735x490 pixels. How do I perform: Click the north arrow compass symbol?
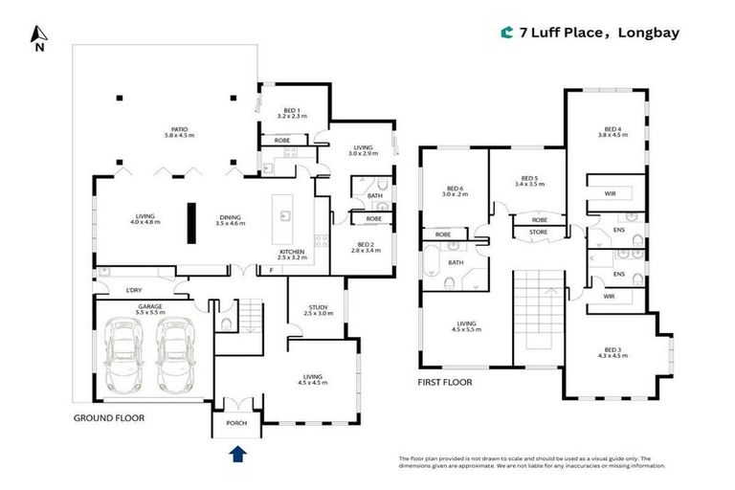[x=38, y=36]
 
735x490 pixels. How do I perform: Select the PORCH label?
[x=235, y=424]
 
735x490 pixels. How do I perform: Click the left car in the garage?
[x=125, y=355]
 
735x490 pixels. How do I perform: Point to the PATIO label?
[x=179, y=129]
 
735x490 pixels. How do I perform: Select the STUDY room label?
[x=316, y=308]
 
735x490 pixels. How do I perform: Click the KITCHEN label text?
[x=292, y=252]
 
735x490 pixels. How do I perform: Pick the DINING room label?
[x=230, y=216]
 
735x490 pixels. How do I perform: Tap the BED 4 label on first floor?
[x=612, y=130]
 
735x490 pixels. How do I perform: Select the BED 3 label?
[x=612, y=350]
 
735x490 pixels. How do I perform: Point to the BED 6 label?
[x=455, y=189]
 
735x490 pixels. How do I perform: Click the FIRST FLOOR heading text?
[x=444, y=382]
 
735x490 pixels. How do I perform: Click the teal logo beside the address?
[x=507, y=33]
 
